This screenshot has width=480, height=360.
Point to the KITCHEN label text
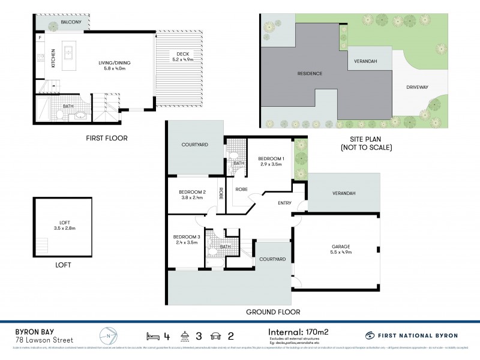[53, 58]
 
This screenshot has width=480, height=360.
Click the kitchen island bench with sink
[68, 53]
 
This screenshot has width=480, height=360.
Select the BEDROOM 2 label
[193, 196]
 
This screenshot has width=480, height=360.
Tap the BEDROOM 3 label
[185, 239]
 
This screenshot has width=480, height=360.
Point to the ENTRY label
[284, 203]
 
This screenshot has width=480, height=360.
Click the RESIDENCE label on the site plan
[310, 74]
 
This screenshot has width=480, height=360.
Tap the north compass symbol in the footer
[107, 335]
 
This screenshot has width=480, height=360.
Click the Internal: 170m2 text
[298, 331]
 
